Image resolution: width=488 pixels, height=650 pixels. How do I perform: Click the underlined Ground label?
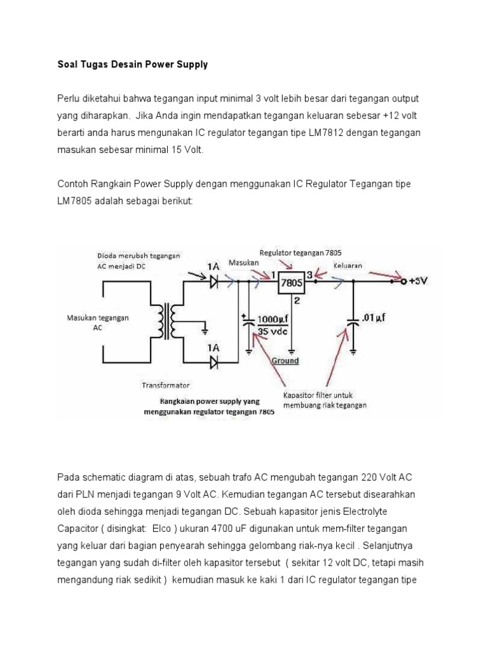coord(285,361)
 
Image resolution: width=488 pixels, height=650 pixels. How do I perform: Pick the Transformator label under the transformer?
coord(165,385)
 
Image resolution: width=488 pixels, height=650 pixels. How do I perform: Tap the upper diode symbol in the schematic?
coord(213,279)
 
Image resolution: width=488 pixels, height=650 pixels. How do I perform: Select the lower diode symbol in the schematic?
coord(213,362)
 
